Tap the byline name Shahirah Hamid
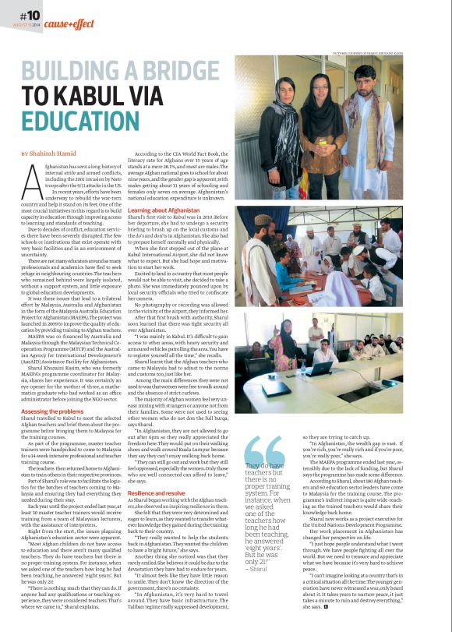pyautogui.click(x=58, y=153)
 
